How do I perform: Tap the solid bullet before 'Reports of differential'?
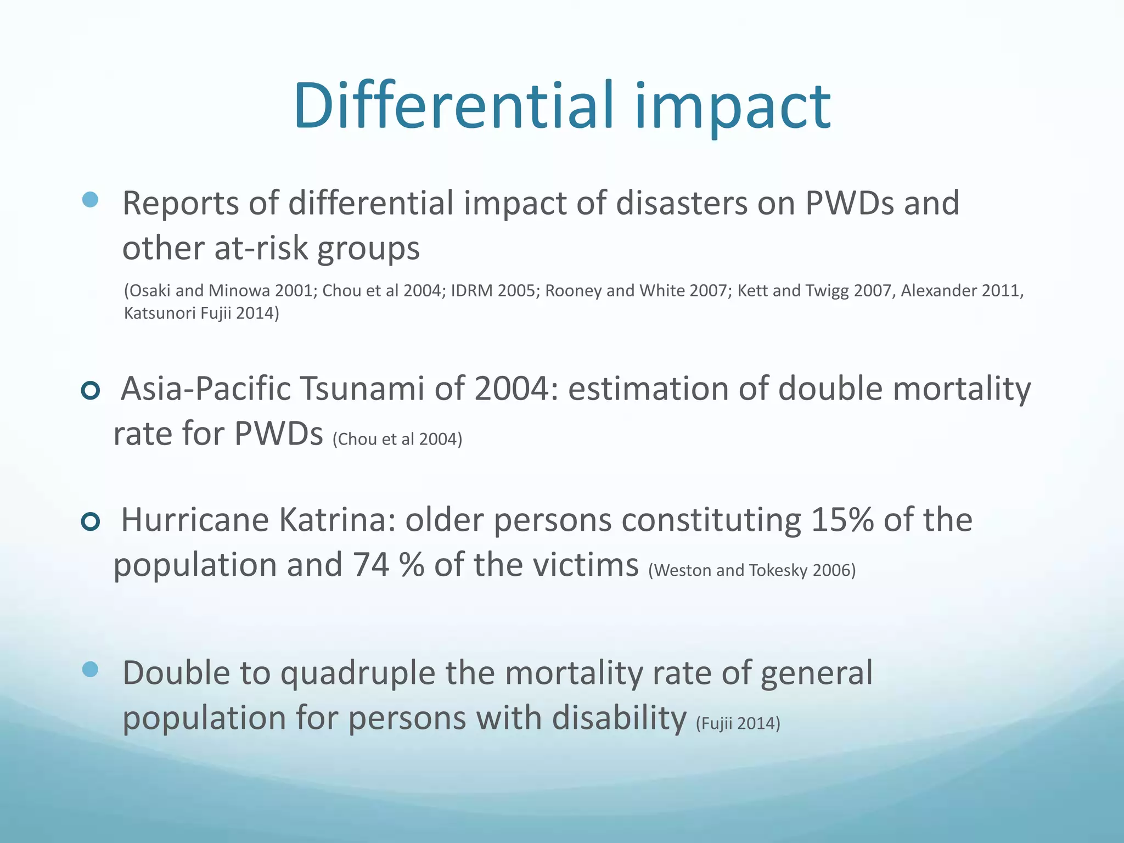tap(90, 199)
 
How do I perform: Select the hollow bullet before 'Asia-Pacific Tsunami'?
tap(91, 390)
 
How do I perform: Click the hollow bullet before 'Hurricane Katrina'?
tap(91, 521)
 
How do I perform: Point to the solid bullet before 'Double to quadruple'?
tap(90, 669)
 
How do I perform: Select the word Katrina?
tap(337, 520)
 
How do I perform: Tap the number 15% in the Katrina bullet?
tap(842, 520)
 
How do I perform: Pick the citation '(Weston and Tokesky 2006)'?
tap(752, 570)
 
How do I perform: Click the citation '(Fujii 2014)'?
tap(738, 723)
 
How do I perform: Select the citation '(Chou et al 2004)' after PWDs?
tap(397, 439)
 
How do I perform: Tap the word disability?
tap(619, 718)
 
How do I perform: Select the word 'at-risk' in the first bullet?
tap(260, 248)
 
